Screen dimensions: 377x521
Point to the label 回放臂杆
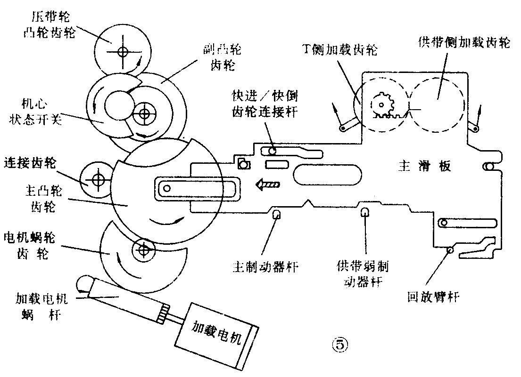tap(433, 297)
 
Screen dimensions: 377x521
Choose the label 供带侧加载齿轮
tap(464, 42)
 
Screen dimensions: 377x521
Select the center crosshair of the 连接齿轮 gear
tap(98, 179)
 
